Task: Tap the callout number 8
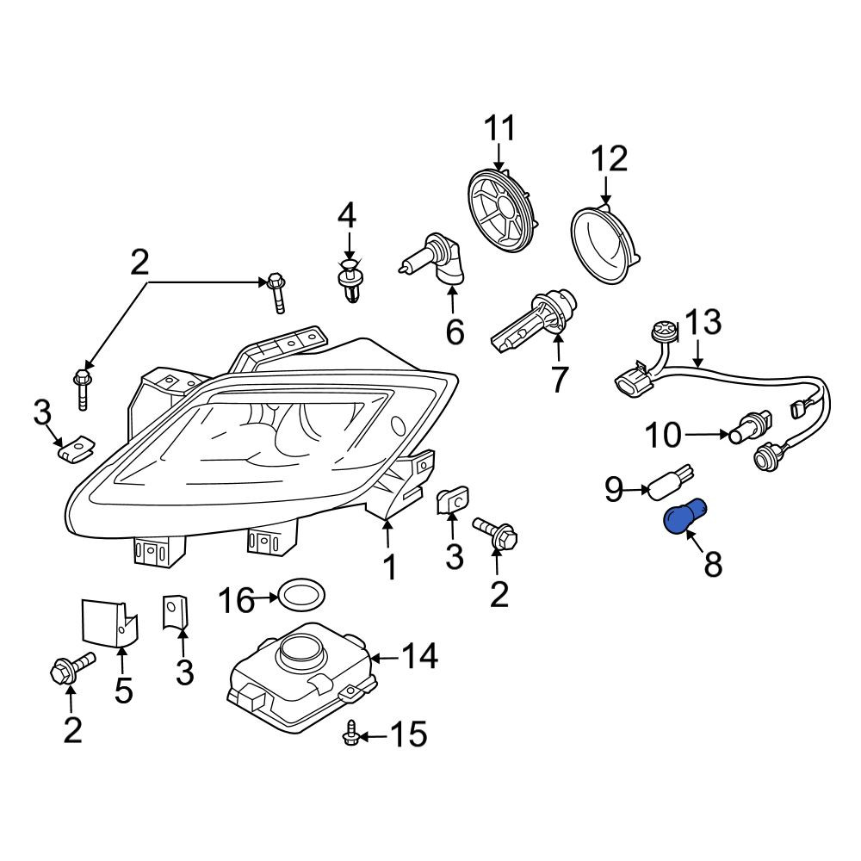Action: point(713,564)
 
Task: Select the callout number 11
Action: point(499,128)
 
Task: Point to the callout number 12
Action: point(609,158)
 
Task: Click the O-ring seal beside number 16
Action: point(302,595)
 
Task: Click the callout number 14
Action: point(420,655)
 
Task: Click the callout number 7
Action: point(559,379)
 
